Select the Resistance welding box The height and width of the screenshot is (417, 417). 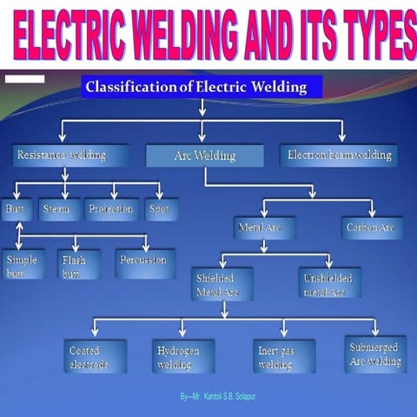[x=70, y=156]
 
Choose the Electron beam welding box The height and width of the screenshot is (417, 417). [x=339, y=156]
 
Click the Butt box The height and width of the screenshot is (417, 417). [x=17, y=209]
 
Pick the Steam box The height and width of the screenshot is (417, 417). [x=60, y=209]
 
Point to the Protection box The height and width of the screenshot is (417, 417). [x=111, y=209]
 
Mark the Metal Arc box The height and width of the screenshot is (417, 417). [x=263, y=228]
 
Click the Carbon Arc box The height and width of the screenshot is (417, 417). [x=371, y=228]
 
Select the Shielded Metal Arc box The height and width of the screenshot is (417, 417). [x=222, y=284]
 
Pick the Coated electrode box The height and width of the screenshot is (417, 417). [x=95, y=356]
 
